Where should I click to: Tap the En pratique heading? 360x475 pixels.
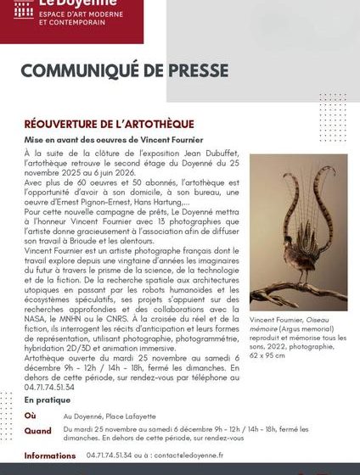coord(48,399)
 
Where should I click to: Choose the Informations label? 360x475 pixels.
coord(50,455)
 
